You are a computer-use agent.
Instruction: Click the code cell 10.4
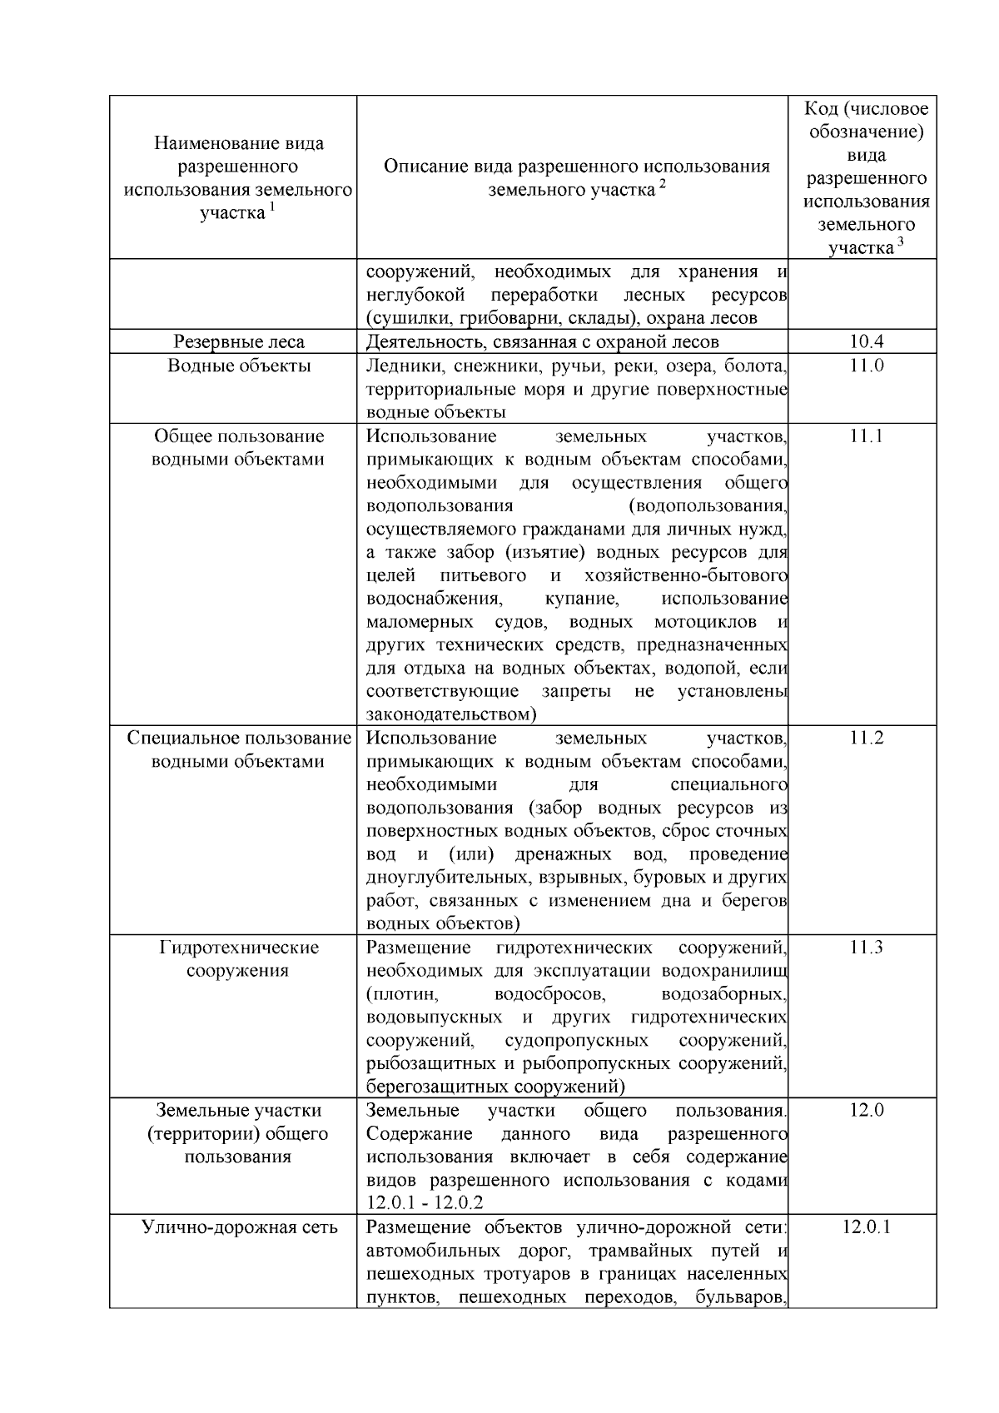coord(866,341)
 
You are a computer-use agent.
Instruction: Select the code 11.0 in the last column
coord(866,366)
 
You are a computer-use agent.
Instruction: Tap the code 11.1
coord(866,436)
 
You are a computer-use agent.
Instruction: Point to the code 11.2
coord(866,738)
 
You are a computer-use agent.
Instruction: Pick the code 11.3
coord(866,948)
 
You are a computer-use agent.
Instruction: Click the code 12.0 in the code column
coord(866,1110)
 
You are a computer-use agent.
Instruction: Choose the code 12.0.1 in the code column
coord(866,1227)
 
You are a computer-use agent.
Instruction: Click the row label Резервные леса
coord(239,341)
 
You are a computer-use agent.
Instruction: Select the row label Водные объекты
coord(239,366)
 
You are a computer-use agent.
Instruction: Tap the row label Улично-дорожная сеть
coord(239,1227)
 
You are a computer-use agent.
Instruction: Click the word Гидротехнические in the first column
coord(239,948)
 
